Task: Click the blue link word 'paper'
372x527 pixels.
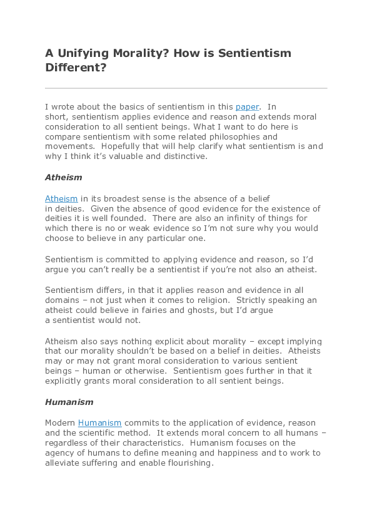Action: [x=247, y=107]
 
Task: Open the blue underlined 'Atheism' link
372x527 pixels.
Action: [x=61, y=198]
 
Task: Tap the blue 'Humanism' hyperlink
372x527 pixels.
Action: [x=99, y=423]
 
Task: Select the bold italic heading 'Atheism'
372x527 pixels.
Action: [x=63, y=178]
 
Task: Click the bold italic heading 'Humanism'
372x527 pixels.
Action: [x=69, y=402]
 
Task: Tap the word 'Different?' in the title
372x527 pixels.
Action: [x=75, y=68]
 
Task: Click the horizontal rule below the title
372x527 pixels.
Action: [x=186, y=88]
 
